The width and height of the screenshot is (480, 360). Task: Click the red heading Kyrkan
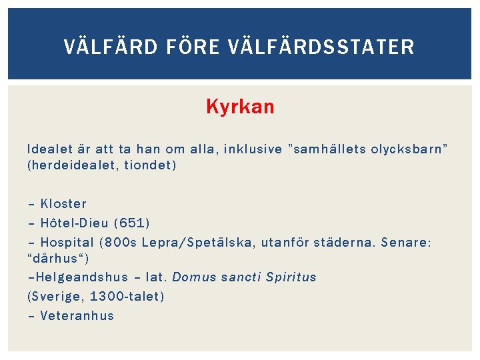click(x=240, y=107)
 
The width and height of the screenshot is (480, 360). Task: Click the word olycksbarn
click(x=409, y=149)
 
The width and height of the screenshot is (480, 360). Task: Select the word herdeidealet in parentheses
click(x=67, y=165)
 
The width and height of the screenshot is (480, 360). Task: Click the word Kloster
click(x=63, y=203)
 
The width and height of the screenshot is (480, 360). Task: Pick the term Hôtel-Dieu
click(x=74, y=223)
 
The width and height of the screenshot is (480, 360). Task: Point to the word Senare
click(x=405, y=242)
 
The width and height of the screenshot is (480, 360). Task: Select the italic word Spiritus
click(x=291, y=277)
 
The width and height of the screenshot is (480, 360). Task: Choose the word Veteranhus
click(x=77, y=315)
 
